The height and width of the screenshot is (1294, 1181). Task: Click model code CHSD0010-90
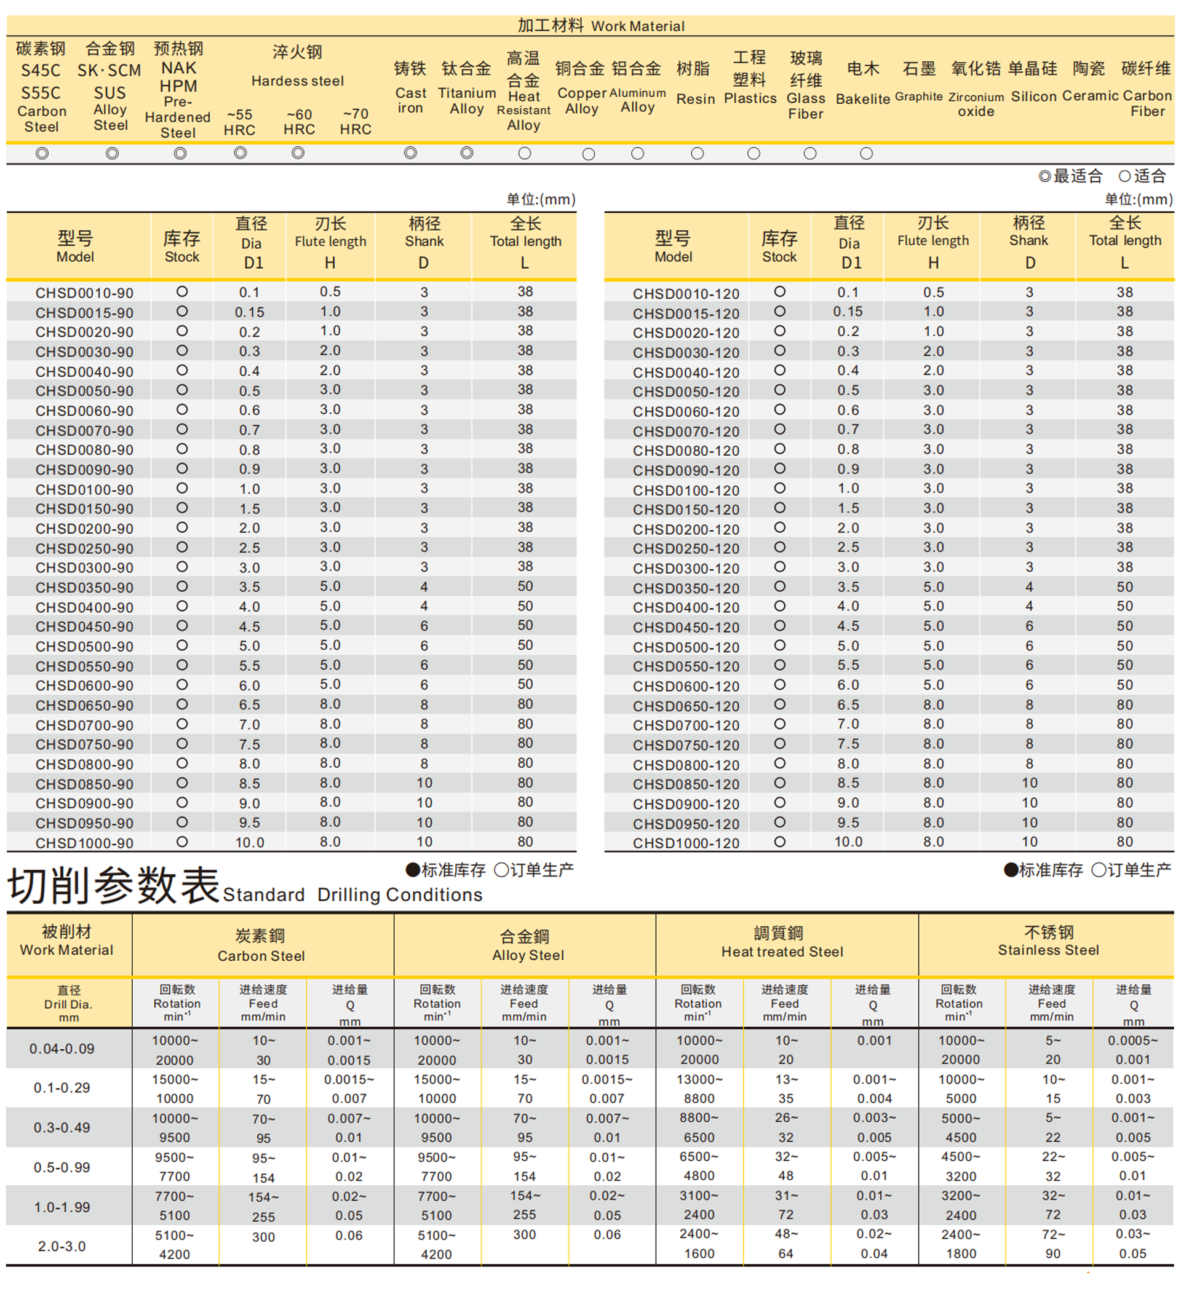coord(84,293)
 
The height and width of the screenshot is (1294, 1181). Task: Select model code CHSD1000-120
coord(686,843)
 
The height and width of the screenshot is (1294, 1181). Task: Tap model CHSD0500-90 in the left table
coord(84,646)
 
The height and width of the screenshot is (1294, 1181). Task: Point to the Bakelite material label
coord(862,84)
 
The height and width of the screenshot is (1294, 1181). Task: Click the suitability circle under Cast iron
coord(410,153)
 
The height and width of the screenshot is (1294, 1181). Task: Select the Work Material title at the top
coord(600,26)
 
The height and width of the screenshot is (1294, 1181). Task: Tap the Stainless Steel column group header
coord(1048,942)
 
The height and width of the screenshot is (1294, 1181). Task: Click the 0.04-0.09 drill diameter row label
coord(62,1049)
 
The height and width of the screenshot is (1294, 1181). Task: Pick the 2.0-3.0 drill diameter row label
coord(62,1247)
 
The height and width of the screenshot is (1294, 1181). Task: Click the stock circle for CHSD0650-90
coord(183,704)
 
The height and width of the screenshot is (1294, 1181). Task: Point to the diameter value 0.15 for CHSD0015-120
coord(848,311)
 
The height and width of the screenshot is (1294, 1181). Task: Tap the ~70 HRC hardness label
coord(355,121)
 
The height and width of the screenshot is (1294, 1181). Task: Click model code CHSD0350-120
coord(686,588)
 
